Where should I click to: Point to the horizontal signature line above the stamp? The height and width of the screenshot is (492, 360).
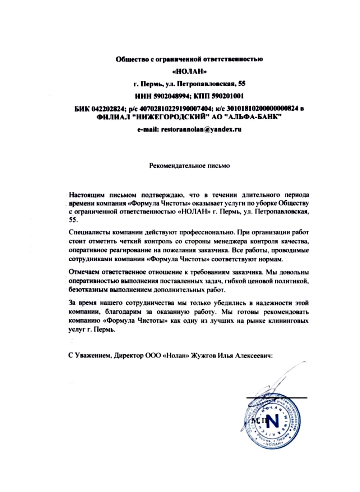tap(277, 398)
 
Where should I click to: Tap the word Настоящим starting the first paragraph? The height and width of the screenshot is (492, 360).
tap(87, 195)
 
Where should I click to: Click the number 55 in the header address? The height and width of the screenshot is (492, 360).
tap(242, 84)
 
